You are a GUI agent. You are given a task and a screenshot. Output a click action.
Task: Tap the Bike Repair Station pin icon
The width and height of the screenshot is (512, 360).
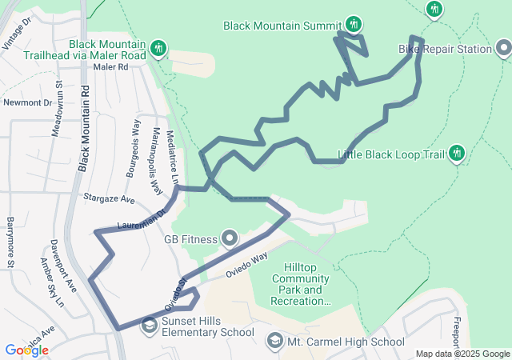click(x=503, y=50)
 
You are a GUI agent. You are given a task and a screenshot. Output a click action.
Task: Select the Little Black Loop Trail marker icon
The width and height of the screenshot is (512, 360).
click(x=458, y=153)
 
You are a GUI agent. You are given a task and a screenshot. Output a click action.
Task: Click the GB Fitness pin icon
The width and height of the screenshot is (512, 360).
click(x=230, y=238)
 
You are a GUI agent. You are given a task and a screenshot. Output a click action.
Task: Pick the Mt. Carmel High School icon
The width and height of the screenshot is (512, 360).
click(x=275, y=342)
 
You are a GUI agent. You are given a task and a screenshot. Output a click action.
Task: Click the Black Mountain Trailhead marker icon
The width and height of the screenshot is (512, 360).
click(x=158, y=49)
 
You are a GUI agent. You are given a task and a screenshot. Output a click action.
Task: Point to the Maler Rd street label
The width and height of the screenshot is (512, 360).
click(x=110, y=68)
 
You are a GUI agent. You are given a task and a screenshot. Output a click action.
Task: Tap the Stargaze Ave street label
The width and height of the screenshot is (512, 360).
click(x=108, y=197)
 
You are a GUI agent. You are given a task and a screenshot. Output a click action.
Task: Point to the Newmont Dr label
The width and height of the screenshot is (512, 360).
click(x=27, y=102)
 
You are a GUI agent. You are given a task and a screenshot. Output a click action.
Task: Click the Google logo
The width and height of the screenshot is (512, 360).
click(x=26, y=350)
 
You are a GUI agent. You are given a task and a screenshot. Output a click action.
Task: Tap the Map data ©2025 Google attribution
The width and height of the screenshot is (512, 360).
click(x=462, y=354)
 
